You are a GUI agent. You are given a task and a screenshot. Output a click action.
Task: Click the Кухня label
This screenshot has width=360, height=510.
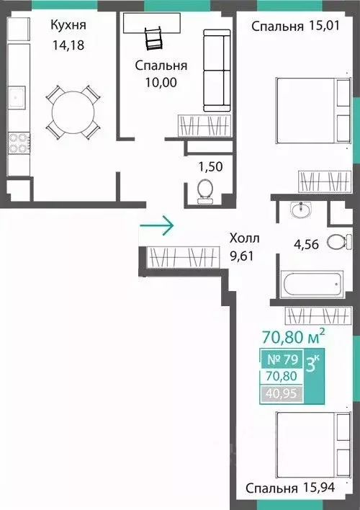[x=68, y=25]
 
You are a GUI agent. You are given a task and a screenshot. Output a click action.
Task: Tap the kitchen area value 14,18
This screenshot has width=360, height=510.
[x=68, y=45]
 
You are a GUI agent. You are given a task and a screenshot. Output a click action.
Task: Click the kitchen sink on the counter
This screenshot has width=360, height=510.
[x=17, y=97]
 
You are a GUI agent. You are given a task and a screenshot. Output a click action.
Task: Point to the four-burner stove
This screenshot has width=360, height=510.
[x=19, y=143]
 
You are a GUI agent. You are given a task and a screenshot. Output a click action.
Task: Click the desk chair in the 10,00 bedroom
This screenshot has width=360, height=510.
[x=153, y=39]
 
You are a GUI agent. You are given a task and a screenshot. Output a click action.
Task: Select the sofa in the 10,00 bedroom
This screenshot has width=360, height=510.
[x=217, y=71]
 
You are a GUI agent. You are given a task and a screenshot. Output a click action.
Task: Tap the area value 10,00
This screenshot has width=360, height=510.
[x=161, y=82]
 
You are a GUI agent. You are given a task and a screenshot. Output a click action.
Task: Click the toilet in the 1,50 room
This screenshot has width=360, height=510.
[x=205, y=192]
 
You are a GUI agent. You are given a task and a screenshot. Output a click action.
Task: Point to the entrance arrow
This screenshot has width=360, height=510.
[x=157, y=225]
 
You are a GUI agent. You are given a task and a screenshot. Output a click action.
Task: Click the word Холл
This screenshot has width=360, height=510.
[x=245, y=238]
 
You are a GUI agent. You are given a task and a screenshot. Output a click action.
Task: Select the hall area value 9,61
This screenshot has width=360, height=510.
[x=242, y=256]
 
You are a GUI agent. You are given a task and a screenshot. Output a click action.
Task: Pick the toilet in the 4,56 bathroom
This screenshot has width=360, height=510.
[x=339, y=242]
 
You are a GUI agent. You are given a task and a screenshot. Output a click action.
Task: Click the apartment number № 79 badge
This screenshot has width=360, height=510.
[x=282, y=359]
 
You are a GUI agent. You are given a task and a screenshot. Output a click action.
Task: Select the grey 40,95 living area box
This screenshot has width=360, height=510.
[x=282, y=394]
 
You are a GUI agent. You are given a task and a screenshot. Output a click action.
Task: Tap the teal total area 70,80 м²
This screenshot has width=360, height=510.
[x=293, y=337]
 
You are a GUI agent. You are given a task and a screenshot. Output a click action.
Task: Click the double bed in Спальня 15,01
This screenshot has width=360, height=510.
[x=313, y=110]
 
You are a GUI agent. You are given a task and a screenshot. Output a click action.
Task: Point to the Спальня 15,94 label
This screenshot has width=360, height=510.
[x=290, y=488]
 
